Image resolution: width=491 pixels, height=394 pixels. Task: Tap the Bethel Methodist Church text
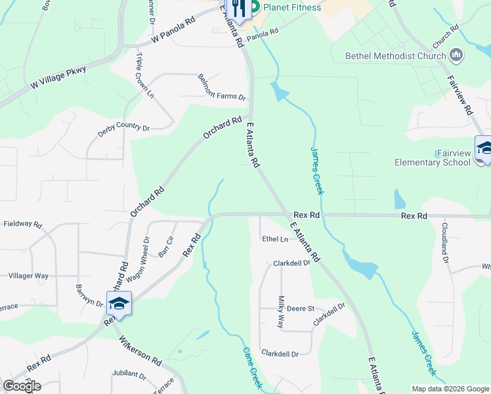[x=396, y=56]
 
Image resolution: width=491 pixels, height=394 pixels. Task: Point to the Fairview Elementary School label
[x=433, y=158]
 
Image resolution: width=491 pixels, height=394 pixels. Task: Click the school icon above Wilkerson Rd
[x=119, y=304]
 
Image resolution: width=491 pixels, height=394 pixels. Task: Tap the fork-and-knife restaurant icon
[x=238, y=9]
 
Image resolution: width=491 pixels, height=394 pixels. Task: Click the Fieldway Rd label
[x=22, y=224]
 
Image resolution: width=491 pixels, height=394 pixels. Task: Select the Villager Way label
[x=29, y=276]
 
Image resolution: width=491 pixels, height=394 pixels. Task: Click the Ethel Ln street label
[x=275, y=239]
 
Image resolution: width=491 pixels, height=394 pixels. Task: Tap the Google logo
[x=22, y=386]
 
